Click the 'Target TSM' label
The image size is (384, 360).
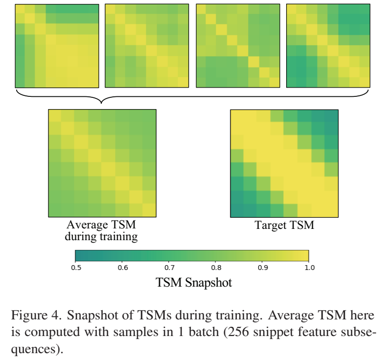click(284, 225)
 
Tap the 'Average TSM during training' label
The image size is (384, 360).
click(101, 231)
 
